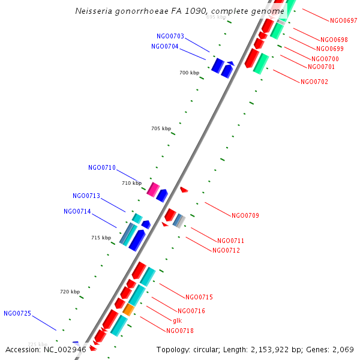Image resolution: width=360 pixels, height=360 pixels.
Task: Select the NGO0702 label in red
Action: [x=314, y=82]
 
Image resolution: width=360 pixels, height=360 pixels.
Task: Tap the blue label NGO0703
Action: [x=170, y=37]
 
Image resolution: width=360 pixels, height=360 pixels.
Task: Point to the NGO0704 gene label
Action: [x=164, y=46]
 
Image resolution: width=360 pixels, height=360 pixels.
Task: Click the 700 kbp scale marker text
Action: [x=189, y=73]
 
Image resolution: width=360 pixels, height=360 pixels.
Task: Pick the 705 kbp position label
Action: [x=161, y=128]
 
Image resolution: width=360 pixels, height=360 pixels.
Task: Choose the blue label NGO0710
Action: [x=102, y=168]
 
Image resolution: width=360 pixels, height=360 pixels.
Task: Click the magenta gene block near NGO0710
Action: [x=153, y=190]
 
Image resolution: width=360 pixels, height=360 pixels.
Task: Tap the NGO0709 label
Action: [x=245, y=215]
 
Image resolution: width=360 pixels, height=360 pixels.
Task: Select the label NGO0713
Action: [x=86, y=196]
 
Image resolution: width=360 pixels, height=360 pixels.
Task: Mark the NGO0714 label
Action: [x=77, y=211]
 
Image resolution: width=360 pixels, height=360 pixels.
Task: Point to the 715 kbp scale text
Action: [x=101, y=238]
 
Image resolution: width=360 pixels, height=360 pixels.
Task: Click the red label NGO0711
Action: [x=230, y=241]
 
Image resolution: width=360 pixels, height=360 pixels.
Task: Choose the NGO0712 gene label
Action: [x=226, y=250]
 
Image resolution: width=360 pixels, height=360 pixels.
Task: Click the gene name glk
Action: [x=177, y=320]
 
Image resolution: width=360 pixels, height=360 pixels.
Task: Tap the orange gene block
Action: [x=128, y=310]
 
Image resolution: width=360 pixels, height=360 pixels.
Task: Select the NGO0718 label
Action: [x=180, y=331]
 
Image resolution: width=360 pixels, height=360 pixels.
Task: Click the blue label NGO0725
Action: [x=17, y=313]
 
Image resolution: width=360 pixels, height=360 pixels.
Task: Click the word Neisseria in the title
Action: [x=94, y=11]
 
